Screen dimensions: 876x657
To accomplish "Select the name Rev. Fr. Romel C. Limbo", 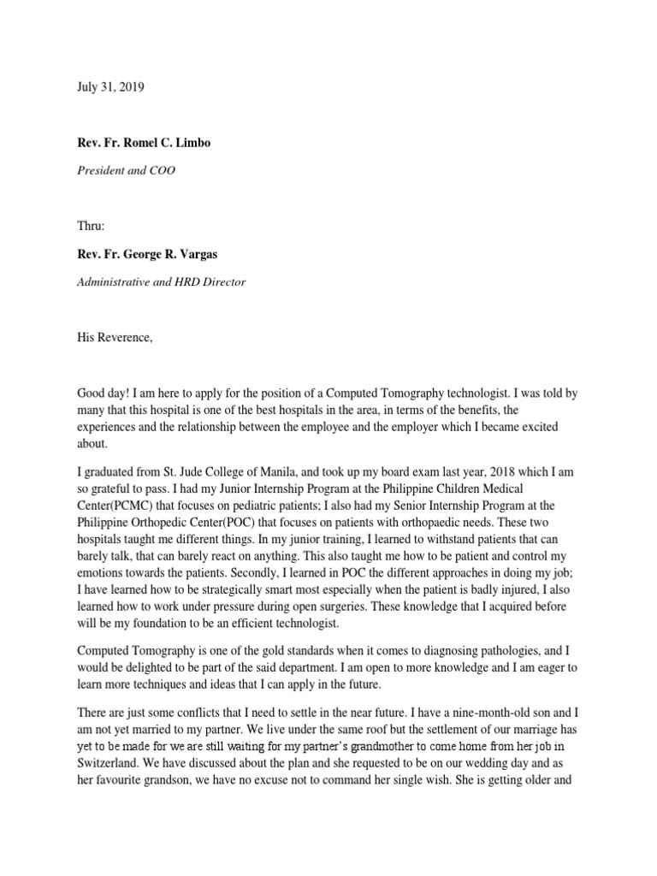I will (x=144, y=143).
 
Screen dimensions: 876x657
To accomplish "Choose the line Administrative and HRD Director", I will (x=161, y=282).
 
